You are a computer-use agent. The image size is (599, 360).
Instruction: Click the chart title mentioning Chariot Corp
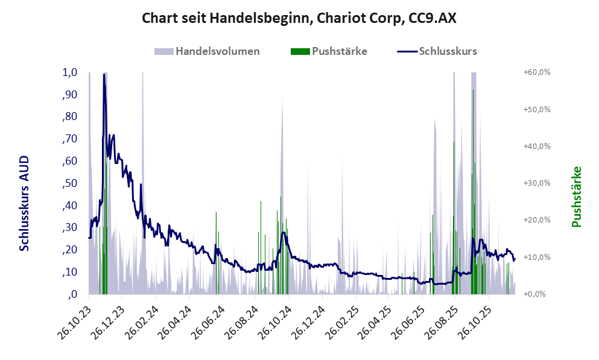(x=299, y=18)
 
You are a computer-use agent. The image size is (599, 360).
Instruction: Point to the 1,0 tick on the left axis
(x=70, y=72)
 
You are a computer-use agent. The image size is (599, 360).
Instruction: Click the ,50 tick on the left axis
(x=69, y=183)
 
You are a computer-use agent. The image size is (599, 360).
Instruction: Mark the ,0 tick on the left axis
(x=72, y=294)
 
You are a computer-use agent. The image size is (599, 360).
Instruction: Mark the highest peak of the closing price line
(x=104, y=75)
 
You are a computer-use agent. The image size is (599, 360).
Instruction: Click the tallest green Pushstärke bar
(x=473, y=90)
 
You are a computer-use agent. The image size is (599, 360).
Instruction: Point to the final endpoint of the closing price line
(x=515, y=259)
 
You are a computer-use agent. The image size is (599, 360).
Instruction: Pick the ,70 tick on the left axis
(x=69, y=139)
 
